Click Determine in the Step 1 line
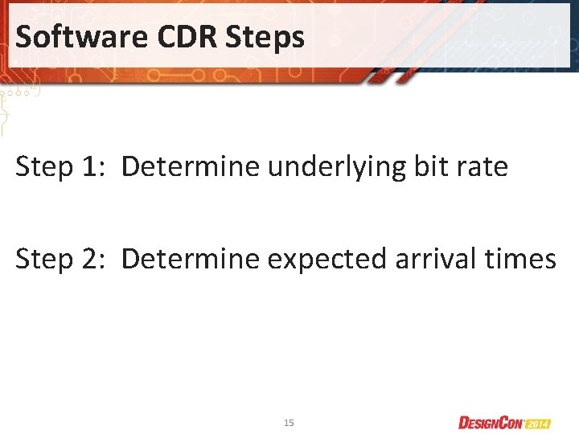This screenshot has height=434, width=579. click(191, 167)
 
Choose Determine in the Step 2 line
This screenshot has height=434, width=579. click(191, 259)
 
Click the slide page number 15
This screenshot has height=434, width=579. click(289, 422)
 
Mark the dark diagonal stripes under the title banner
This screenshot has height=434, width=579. click(394, 76)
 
